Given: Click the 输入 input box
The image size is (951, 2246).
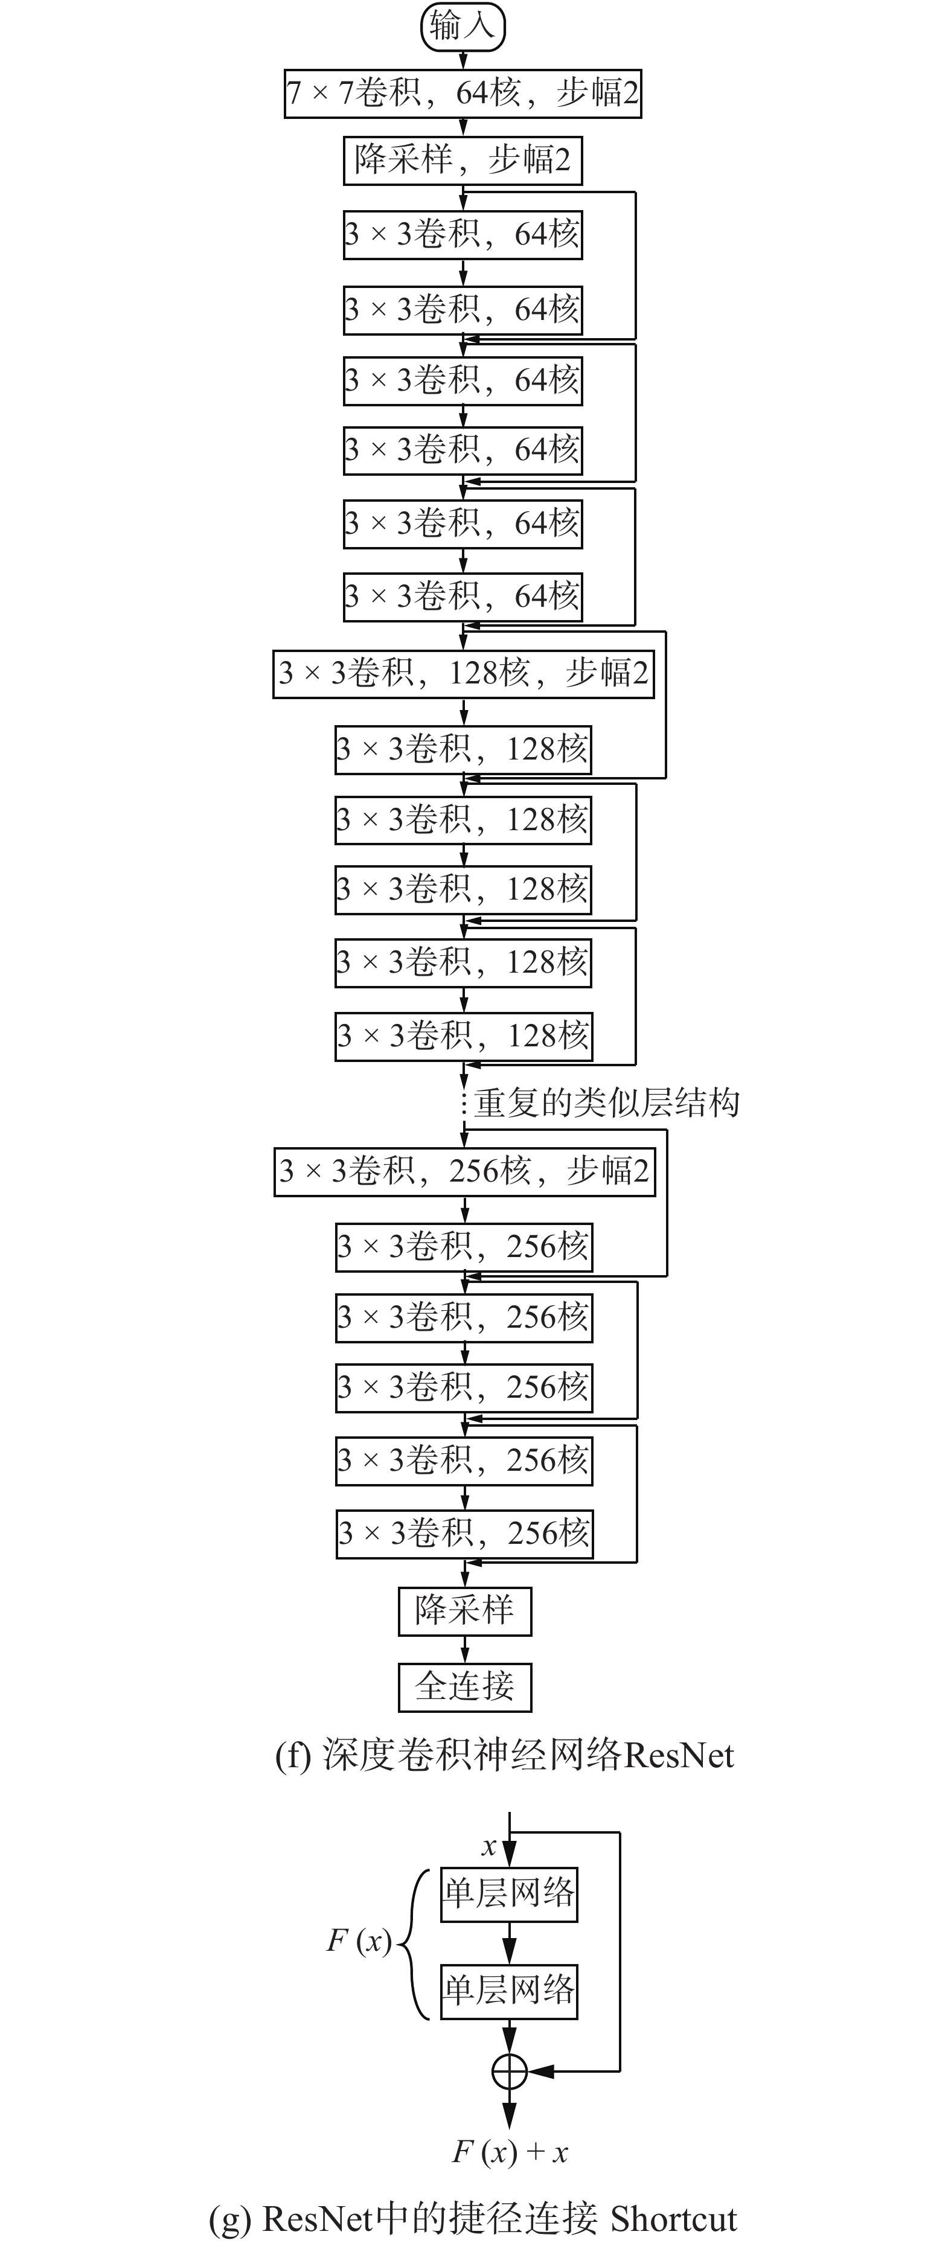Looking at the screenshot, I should click(463, 26).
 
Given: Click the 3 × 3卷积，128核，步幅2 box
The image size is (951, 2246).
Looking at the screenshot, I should click(463, 673).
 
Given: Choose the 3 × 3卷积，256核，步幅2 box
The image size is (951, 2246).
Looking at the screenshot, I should click(464, 1171).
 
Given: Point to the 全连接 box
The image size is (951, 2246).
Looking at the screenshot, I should click(464, 1687).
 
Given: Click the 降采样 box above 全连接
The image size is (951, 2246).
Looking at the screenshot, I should click(464, 1611).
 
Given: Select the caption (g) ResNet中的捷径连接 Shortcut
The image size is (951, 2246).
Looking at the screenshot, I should click(473, 2218).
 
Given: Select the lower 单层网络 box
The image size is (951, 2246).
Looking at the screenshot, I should click(509, 1991).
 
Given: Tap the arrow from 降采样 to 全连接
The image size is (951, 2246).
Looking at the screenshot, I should click(464, 1649).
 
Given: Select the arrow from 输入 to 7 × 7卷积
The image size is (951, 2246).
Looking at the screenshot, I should click(463, 59).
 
